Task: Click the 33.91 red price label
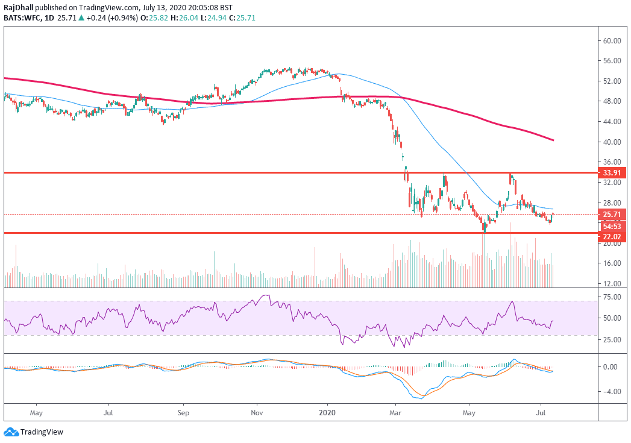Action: (612, 172)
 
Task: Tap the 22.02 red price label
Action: (612, 237)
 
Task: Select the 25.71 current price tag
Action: (612, 214)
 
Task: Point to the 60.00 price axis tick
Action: (612, 40)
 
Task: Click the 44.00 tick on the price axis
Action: (612, 122)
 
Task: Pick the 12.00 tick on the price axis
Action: (612, 283)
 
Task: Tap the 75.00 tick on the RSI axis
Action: (612, 297)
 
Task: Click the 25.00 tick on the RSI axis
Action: (612, 339)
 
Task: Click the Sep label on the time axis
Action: (184, 414)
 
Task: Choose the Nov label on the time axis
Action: (257, 414)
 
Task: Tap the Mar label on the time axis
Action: (395, 414)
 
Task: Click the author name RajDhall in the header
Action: (19, 8)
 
